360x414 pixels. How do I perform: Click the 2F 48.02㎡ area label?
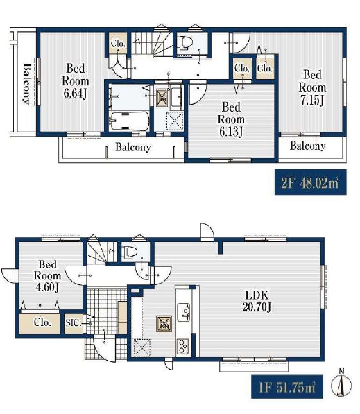(x=310, y=182)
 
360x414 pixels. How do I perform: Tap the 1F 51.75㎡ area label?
(x=287, y=387)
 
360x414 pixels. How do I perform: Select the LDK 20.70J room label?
(x=257, y=301)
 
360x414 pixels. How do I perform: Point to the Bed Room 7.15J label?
(x=312, y=87)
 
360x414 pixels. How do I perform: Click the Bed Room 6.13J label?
(x=231, y=119)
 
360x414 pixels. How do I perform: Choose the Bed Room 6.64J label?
(x=76, y=81)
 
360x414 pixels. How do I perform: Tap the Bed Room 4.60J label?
(x=48, y=276)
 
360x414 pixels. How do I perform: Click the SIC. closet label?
(x=74, y=322)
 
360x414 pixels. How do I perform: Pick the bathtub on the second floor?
(x=129, y=121)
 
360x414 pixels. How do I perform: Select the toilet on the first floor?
(x=130, y=252)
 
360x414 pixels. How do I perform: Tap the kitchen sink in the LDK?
(x=184, y=312)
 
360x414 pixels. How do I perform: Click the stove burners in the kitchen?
(x=183, y=346)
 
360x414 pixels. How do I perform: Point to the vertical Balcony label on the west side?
(x=26, y=84)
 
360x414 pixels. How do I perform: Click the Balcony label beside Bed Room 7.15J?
(x=307, y=146)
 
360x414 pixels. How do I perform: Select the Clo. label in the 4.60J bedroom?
(x=42, y=322)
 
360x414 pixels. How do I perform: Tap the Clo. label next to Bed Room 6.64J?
(x=118, y=43)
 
